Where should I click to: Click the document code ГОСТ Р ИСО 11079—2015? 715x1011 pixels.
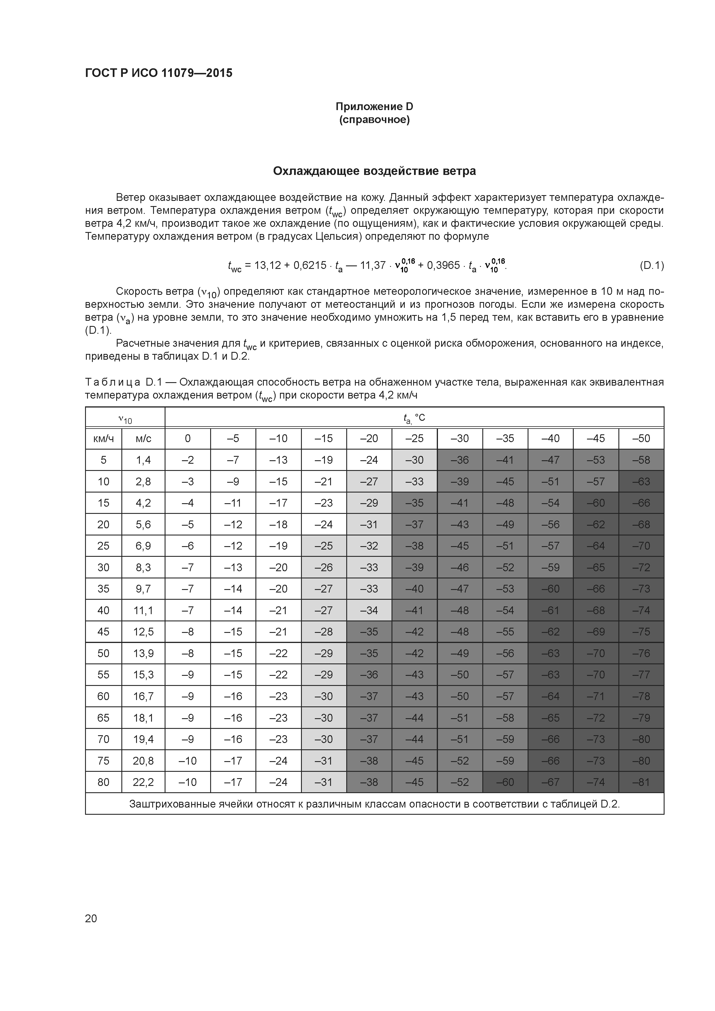click(x=159, y=73)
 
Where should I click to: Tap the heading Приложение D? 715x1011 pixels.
click(x=374, y=107)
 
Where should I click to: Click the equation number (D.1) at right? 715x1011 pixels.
click(x=651, y=265)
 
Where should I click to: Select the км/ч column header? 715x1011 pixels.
click(x=104, y=439)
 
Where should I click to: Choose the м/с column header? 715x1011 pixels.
click(x=143, y=439)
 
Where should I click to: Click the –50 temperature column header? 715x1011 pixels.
click(x=641, y=439)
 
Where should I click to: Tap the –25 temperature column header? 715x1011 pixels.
click(x=414, y=439)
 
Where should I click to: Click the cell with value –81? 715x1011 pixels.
click(x=641, y=782)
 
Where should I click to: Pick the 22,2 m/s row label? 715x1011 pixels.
click(x=143, y=782)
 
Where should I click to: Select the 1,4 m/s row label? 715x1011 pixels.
click(x=143, y=460)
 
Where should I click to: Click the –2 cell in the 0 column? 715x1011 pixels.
click(x=188, y=460)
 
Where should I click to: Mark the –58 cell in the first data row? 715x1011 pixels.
click(x=641, y=460)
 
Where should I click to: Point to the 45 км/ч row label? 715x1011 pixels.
click(x=104, y=632)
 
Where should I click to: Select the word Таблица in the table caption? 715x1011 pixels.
click(x=113, y=382)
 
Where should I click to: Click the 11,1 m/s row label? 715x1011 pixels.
click(x=143, y=610)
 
